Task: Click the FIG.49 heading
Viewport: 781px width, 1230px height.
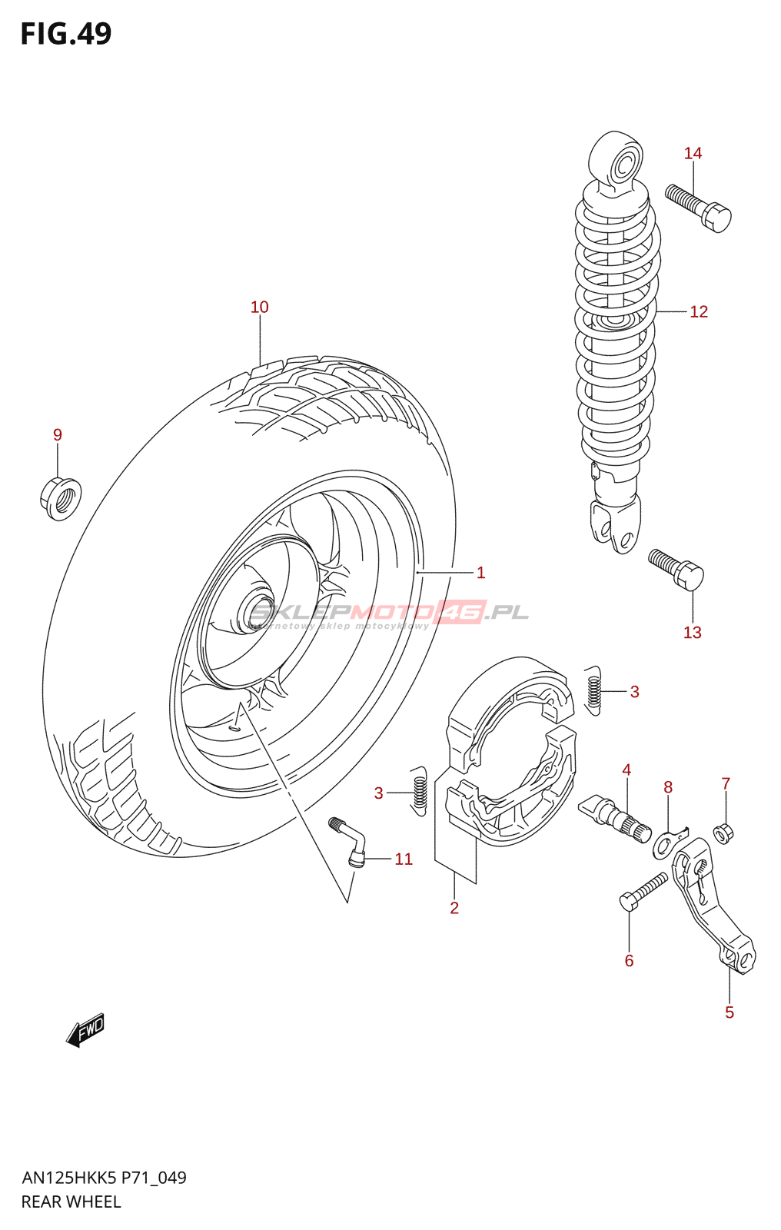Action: [66, 34]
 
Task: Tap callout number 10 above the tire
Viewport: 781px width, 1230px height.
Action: [260, 307]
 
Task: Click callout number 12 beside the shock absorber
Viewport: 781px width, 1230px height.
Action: [698, 312]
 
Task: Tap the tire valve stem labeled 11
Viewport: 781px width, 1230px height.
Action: [350, 843]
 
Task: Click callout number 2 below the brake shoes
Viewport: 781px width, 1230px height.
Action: [454, 908]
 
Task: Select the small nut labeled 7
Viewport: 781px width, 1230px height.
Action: [723, 832]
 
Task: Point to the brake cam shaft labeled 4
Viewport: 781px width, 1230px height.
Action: [615, 816]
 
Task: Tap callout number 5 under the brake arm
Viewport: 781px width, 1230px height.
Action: [729, 1012]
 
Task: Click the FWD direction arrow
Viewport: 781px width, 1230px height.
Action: [85, 1029]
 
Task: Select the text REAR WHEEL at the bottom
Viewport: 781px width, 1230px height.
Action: [71, 1202]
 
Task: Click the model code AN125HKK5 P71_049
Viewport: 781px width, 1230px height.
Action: [104, 1178]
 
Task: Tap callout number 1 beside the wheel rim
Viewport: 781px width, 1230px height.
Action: [480, 573]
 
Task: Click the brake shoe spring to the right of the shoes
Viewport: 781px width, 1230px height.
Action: [593, 689]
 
